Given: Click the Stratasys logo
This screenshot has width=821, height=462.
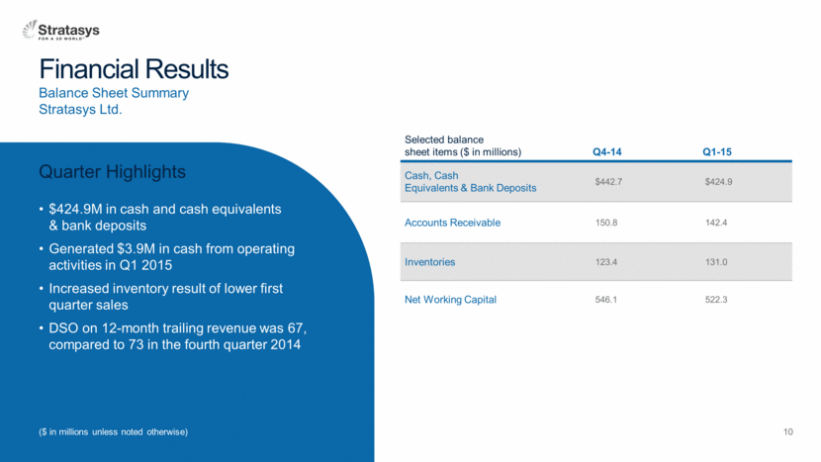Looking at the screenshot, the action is [60, 31].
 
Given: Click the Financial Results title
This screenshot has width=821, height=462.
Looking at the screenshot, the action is [134, 69].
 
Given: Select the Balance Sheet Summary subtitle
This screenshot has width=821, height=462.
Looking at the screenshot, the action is [114, 93].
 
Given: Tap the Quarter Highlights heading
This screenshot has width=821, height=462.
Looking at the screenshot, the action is [112, 172].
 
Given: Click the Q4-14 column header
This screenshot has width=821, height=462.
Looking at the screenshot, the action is [607, 152].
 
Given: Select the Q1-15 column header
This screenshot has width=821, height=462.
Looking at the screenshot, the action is [717, 152].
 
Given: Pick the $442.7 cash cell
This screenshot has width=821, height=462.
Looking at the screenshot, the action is [608, 182].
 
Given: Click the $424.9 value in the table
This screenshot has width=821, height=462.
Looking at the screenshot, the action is [718, 182].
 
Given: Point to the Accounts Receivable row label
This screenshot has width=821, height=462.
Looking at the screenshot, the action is [452, 223].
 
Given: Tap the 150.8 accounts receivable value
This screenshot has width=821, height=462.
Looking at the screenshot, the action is [605, 223].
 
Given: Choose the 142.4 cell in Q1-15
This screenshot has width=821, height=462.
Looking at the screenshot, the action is [716, 223].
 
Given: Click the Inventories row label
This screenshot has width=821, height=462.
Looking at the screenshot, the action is [429, 262].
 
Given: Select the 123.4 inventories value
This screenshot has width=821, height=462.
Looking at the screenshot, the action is [605, 262].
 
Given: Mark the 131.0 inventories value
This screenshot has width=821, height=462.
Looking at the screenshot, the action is [716, 262].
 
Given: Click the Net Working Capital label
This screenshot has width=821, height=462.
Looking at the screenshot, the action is [450, 300].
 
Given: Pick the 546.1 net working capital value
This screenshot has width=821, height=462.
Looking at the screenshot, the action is [605, 300].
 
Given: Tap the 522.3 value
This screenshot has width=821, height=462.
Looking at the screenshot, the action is [716, 300].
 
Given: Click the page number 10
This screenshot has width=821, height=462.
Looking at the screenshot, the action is [788, 431].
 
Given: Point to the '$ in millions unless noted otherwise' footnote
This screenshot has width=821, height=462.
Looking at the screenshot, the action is [113, 432].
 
